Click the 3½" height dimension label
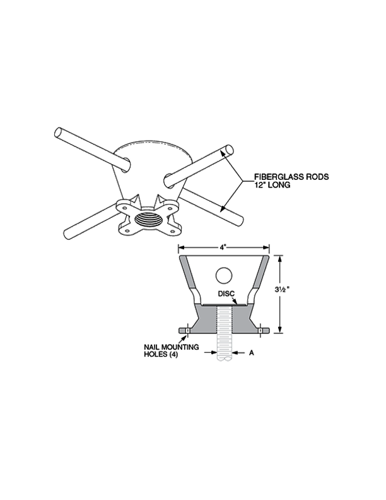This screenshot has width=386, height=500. (283, 290)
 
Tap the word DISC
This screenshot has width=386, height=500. (226, 294)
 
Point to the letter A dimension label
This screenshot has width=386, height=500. (251, 353)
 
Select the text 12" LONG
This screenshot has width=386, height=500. (272, 184)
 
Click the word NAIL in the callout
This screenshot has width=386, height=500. (151, 347)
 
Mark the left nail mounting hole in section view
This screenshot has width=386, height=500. (187, 330)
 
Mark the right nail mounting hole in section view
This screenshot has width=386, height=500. (260, 330)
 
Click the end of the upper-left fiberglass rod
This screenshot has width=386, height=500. (59, 133)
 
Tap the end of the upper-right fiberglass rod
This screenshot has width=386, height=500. (229, 149)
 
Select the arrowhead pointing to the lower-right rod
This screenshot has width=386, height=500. (222, 208)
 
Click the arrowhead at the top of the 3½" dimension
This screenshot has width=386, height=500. (279, 259)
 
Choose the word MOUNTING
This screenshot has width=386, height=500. (180, 347)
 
